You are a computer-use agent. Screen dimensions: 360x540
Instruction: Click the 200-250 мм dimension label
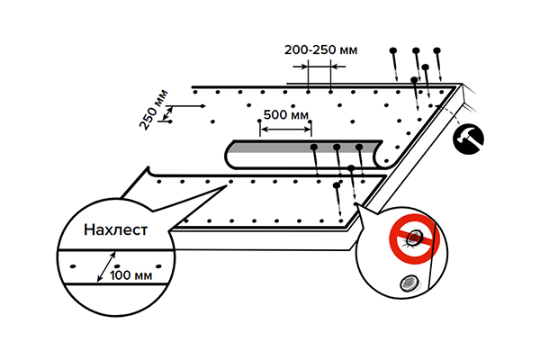320,50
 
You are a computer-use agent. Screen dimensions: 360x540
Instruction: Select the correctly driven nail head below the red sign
408,283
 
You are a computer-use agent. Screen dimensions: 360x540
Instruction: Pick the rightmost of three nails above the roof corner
437,51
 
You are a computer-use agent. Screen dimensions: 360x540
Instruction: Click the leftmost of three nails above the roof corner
394,51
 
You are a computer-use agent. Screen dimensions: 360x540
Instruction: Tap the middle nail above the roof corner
416,51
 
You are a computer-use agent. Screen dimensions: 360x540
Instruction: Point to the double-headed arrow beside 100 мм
112,265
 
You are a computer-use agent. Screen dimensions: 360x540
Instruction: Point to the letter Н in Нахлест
88,229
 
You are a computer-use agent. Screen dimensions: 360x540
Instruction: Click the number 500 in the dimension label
275,115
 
